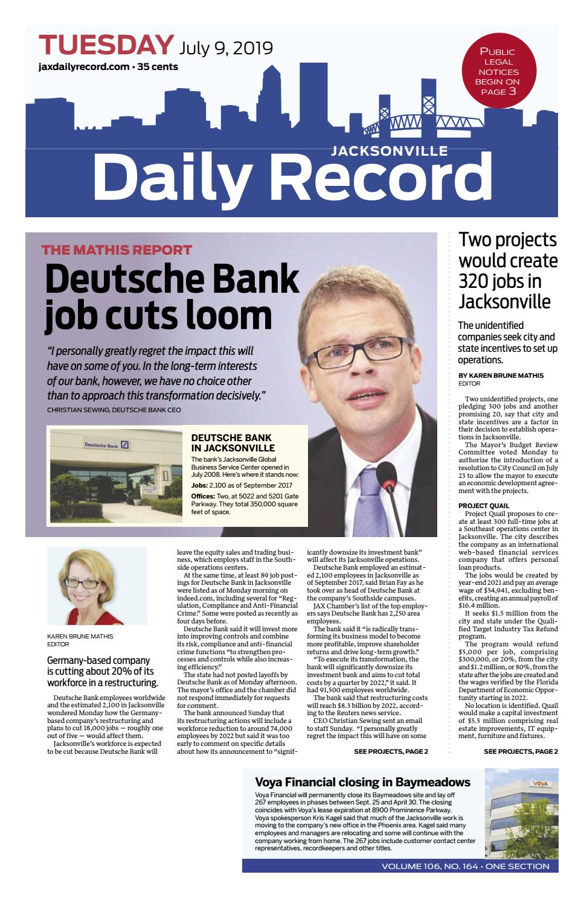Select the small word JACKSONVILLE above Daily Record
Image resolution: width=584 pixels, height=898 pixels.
click(389, 150)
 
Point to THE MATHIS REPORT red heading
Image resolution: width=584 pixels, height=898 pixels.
click(117, 250)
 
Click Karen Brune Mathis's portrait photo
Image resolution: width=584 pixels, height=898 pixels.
click(97, 585)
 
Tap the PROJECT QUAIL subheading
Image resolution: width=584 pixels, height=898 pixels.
click(483, 505)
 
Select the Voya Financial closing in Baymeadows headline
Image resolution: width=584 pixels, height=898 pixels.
click(362, 782)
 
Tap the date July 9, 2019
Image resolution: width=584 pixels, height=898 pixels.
click(225, 47)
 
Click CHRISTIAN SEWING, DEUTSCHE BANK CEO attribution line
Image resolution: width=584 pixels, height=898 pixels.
click(114, 410)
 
